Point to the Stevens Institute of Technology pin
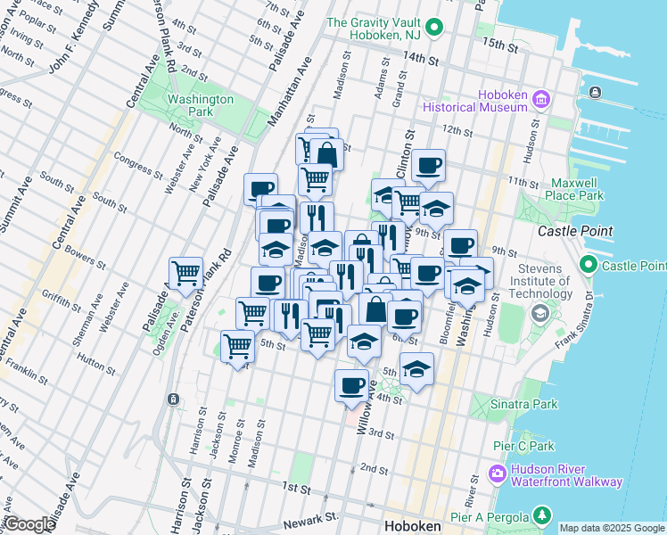[x=540, y=314]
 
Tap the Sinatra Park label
[x=523, y=404]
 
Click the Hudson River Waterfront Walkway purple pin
[x=498, y=473]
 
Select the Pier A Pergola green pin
[x=540, y=515]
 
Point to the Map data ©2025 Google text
[x=612, y=528]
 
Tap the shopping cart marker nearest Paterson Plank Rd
[x=185, y=272]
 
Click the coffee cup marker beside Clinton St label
[x=428, y=164]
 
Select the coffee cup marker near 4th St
[x=351, y=385]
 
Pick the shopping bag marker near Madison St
[x=326, y=154]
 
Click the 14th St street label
[x=421, y=60]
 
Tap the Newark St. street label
[x=311, y=517]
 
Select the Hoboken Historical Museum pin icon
[x=540, y=101]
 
